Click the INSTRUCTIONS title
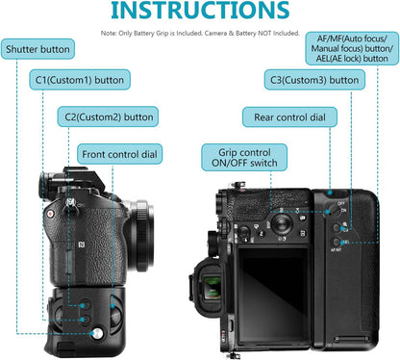pos(199,12)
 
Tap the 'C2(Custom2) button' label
pos(109,117)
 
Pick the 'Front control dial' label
pos(120,154)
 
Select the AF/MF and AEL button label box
pos(355,48)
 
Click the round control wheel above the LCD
pos(280,222)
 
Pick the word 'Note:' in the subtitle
pos(111,33)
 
